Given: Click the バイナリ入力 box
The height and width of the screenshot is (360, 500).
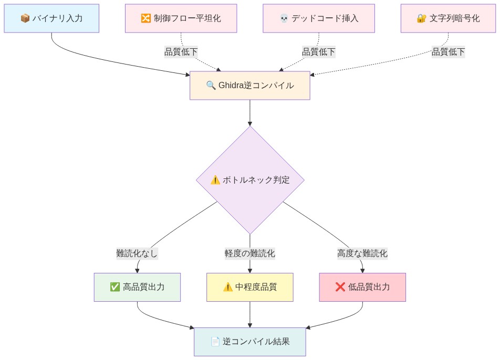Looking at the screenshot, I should click(51, 18).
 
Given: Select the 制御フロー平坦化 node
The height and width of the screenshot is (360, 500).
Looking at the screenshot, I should click(181, 18).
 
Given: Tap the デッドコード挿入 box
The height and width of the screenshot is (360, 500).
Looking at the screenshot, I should click(318, 18).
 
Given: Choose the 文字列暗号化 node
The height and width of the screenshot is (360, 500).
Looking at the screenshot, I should click(448, 18).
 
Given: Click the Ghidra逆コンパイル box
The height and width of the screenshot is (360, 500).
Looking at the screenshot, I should click(249, 85).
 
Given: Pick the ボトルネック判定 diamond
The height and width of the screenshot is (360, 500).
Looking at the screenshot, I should click(250, 179).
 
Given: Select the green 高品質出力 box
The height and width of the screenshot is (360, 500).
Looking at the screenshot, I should click(137, 287).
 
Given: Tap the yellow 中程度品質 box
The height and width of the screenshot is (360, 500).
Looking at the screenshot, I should click(249, 287).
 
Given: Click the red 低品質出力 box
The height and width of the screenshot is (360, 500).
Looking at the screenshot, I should click(362, 287).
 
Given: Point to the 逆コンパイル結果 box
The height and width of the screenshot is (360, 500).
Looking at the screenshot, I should click(249, 342).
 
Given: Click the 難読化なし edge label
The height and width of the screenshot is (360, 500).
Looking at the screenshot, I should click(137, 253).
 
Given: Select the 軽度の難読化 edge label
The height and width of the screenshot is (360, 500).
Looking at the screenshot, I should click(249, 253).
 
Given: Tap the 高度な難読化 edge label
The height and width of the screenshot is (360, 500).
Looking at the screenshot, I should click(362, 253).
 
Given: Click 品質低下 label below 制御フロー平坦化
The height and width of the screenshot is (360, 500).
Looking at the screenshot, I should click(181, 51).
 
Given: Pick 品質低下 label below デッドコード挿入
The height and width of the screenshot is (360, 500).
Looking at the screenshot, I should click(318, 51).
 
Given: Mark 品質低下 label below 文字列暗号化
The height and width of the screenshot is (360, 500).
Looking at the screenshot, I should click(448, 51).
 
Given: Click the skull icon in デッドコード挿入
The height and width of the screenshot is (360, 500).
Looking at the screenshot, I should click(284, 18).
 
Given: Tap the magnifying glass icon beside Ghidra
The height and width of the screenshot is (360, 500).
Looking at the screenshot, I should click(211, 85).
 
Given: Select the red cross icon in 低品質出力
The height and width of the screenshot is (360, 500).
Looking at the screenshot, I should click(340, 287).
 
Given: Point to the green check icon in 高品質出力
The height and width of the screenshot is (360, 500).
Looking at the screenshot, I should click(115, 287).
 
